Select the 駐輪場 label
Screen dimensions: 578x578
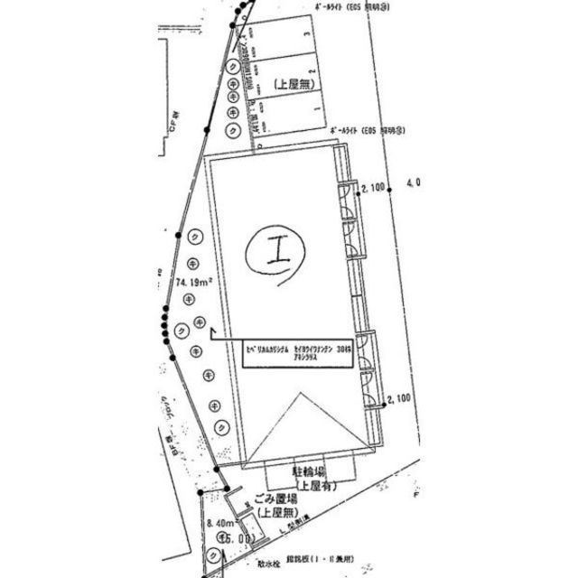[x=308, y=471]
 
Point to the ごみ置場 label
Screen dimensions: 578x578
[x=277, y=500]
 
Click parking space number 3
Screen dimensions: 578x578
[x=309, y=35]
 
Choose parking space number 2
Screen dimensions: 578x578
[x=312, y=71]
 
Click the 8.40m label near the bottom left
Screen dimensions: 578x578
[x=220, y=523]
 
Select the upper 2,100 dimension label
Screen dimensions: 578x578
[x=373, y=188]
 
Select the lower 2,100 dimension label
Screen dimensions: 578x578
[x=397, y=398]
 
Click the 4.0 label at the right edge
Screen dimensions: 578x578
[x=415, y=183]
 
